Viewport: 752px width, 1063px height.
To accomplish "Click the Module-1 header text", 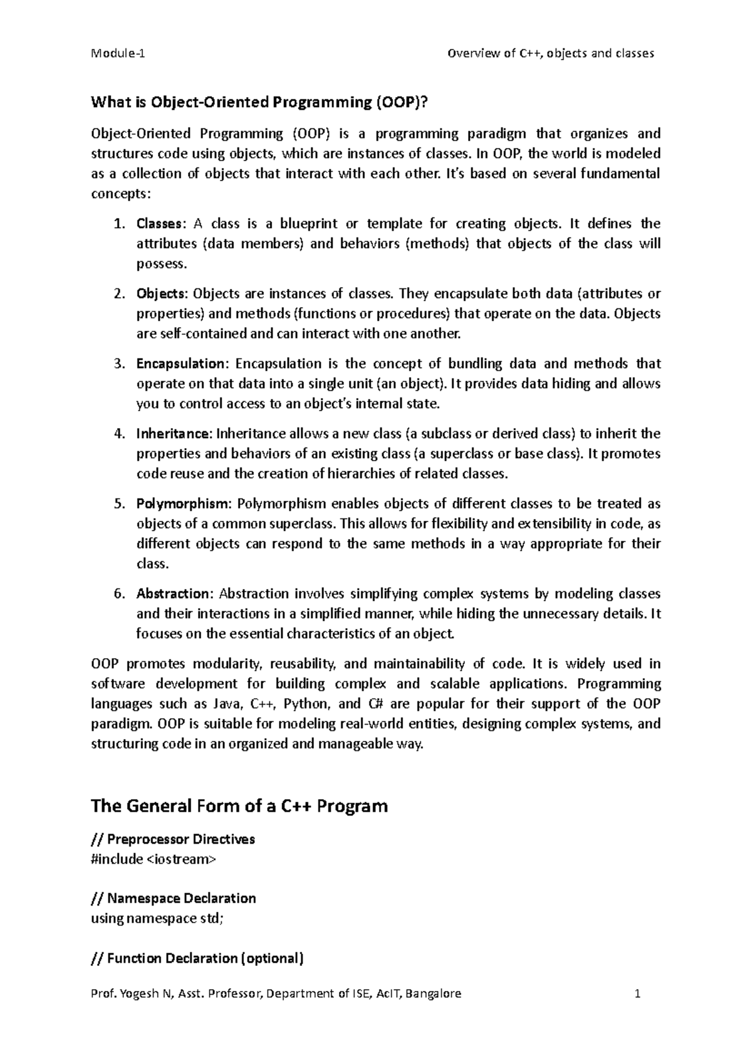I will click(118, 53).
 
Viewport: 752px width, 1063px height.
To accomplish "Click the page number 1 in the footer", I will click(637, 993).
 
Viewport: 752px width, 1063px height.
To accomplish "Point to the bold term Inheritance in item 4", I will click(175, 434).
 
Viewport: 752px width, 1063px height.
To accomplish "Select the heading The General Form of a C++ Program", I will click(239, 805).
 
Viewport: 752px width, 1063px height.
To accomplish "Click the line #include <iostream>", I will click(153, 859).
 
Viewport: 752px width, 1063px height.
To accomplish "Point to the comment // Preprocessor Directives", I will click(173, 839).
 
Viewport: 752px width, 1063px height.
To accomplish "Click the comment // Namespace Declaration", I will click(174, 899).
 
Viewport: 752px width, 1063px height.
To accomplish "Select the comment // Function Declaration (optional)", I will click(197, 958).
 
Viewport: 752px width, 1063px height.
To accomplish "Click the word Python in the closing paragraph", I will click(303, 704).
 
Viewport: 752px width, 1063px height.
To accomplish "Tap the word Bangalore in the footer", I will click(433, 993).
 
